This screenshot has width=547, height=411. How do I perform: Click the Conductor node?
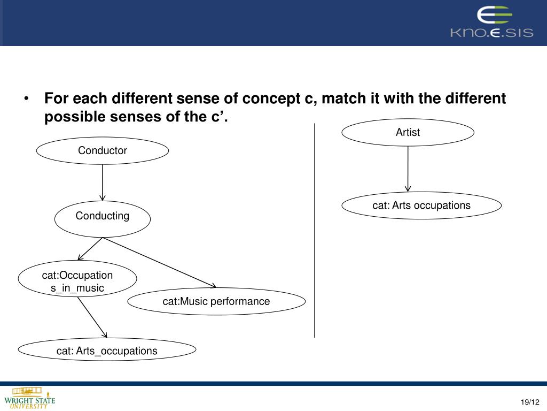(x=103, y=151)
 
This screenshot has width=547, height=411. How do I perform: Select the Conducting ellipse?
(x=103, y=217)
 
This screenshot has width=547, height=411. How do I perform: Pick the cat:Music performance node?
(x=216, y=302)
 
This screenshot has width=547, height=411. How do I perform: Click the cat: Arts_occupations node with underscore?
(x=107, y=351)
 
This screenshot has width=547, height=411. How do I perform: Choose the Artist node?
(x=408, y=133)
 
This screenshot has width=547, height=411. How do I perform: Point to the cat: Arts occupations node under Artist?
(x=421, y=205)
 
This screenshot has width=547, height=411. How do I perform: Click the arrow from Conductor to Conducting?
(x=103, y=182)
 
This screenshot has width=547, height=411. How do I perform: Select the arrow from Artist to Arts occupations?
(x=408, y=169)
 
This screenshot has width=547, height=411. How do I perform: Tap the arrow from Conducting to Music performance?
(x=160, y=262)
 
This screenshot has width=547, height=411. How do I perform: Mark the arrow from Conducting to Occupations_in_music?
(x=89, y=249)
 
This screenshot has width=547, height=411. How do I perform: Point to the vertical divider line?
(x=315, y=230)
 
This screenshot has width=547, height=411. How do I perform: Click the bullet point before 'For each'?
(x=26, y=100)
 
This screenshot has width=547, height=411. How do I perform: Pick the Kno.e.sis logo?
(x=491, y=23)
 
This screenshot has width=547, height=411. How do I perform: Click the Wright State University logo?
(x=29, y=398)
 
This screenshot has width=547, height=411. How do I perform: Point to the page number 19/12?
(x=530, y=402)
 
